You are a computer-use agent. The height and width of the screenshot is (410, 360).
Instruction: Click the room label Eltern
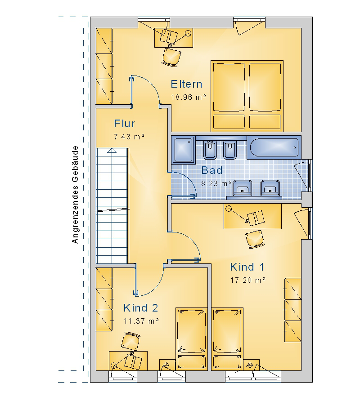tap(186, 84)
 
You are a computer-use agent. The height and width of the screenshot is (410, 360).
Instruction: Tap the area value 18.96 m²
tap(188, 97)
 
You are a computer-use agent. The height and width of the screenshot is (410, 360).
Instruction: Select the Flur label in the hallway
tap(124, 124)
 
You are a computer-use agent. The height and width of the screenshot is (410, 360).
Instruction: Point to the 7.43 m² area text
tap(129, 137)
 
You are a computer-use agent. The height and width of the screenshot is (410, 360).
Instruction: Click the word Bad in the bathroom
tap(212, 170)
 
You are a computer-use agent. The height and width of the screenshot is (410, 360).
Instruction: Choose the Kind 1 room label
tap(247, 267)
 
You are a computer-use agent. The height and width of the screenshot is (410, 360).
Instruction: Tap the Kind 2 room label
tap(140, 308)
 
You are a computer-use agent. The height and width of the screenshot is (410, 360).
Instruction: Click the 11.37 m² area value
tap(141, 321)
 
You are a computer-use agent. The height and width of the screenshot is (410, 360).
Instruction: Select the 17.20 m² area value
tap(247, 280)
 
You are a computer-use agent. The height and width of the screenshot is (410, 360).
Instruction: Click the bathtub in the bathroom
tap(274, 147)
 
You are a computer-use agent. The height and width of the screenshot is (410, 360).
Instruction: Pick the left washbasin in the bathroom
tap(242, 187)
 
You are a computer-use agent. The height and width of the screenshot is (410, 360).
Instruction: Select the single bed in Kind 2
tap(192, 339)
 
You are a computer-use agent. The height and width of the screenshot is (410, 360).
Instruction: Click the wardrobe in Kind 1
tap(292, 310)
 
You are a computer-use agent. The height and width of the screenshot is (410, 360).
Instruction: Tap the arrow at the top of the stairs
tap(112, 150)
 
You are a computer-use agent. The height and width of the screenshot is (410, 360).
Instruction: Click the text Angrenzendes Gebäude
tap(75, 195)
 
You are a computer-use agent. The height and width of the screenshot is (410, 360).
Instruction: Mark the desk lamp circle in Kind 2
tap(114, 365)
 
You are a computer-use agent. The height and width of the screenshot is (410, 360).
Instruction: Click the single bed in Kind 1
tap(227, 339)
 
